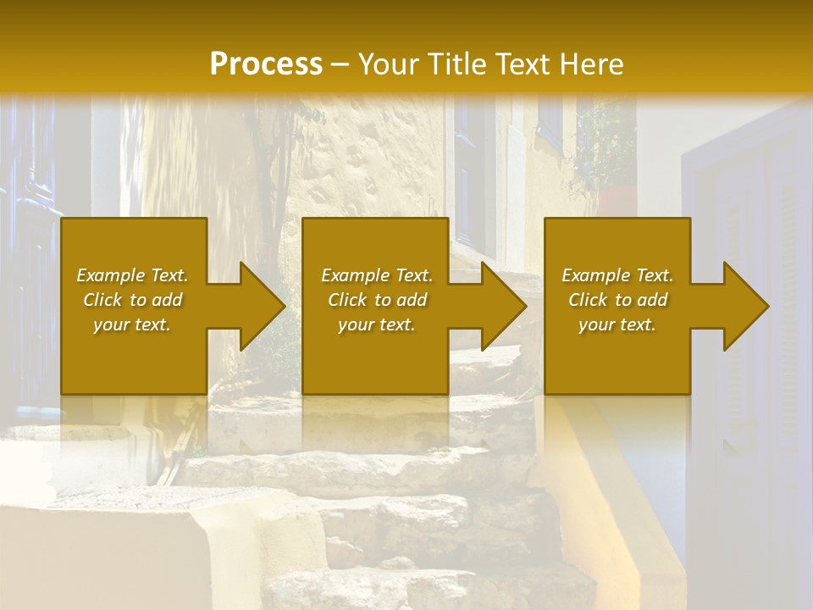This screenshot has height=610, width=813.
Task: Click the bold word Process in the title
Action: pyautogui.click(x=266, y=64)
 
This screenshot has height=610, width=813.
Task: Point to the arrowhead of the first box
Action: pyautogui.click(x=258, y=306)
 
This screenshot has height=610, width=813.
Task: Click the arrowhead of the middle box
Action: pyautogui.click(x=501, y=306)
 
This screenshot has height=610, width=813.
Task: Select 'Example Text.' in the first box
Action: pyautogui.click(x=132, y=275)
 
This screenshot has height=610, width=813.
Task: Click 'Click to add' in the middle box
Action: pyautogui.click(x=377, y=300)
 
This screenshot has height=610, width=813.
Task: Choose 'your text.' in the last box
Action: pyautogui.click(x=617, y=324)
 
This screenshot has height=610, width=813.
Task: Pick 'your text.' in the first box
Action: pyautogui.click(x=132, y=324)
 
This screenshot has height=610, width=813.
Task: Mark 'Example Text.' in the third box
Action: pyautogui.click(x=617, y=275)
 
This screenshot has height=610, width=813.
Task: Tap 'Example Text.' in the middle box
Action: pyautogui.click(x=377, y=275)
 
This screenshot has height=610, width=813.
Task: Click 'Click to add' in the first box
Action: pyautogui.click(x=132, y=300)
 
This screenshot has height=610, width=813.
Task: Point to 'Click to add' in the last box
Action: pyautogui.click(x=617, y=300)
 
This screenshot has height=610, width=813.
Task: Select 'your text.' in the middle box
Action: pyautogui.click(x=377, y=324)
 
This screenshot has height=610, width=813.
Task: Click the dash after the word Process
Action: pyautogui.click(x=340, y=64)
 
